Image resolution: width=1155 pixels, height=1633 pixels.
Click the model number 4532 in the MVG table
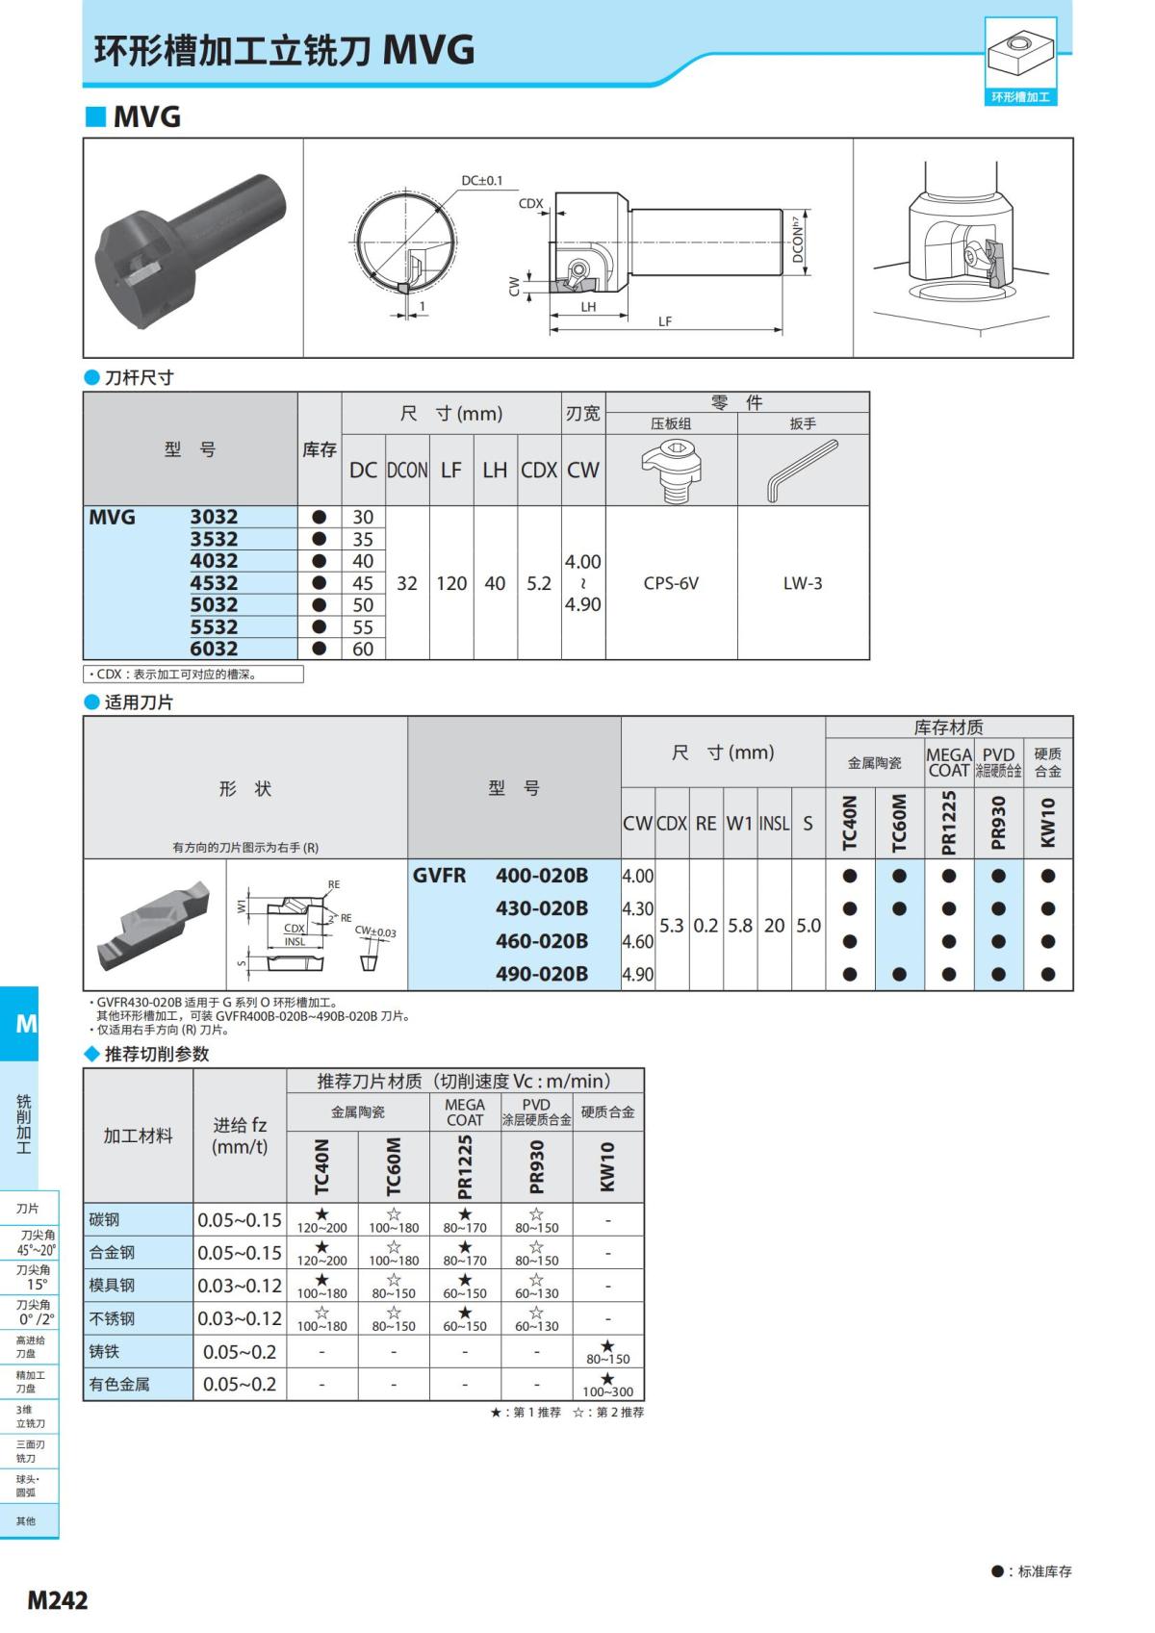point(214,583)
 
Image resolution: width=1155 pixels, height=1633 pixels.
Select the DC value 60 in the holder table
point(363,649)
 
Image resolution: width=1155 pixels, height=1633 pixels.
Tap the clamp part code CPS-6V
point(671,583)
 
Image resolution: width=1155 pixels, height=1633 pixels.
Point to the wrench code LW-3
point(802,583)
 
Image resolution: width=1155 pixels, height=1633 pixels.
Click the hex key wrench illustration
point(802,471)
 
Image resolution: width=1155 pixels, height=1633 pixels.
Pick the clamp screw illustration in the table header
point(671,471)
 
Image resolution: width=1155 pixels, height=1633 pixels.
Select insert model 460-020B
point(542,941)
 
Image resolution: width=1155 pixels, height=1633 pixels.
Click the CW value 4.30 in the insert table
point(637,909)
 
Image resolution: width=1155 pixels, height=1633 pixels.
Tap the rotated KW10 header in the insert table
point(1048,823)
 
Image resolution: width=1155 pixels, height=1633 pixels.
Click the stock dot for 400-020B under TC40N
point(850,876)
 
